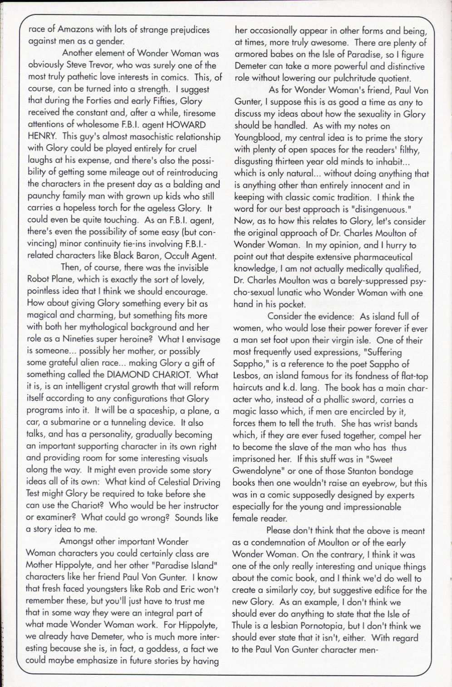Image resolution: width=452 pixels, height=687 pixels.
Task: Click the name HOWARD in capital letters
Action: [x=185, y=125]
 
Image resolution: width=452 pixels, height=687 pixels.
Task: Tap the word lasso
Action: [x=268, y=412]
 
